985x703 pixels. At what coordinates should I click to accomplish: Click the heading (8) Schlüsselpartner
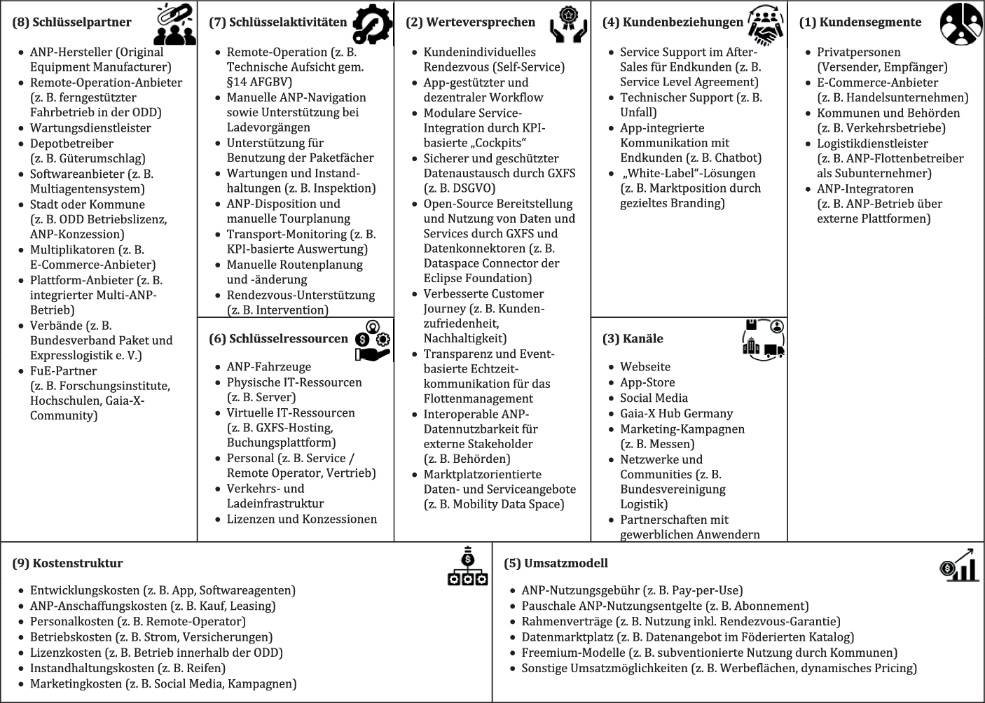click(x=72, y=22)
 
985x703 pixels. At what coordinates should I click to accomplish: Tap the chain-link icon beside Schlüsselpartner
click(x=175, y=25)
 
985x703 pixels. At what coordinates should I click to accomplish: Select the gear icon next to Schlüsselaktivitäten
click(x=372, y=25)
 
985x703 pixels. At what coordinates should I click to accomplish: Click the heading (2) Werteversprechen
click(x=470, y=22)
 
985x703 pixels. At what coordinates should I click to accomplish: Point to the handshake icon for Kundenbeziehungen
click(x=766, y=25)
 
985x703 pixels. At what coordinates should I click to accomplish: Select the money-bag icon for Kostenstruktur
click(x=467, y=566)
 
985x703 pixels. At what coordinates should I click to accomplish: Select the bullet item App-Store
click(x=647, y=382)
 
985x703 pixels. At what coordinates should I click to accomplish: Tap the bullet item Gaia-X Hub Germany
click(x=676, y=413)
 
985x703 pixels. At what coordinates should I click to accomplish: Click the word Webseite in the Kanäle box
click(x=645, y=367)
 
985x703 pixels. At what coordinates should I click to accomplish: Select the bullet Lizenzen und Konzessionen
click(x=301, y=520)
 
